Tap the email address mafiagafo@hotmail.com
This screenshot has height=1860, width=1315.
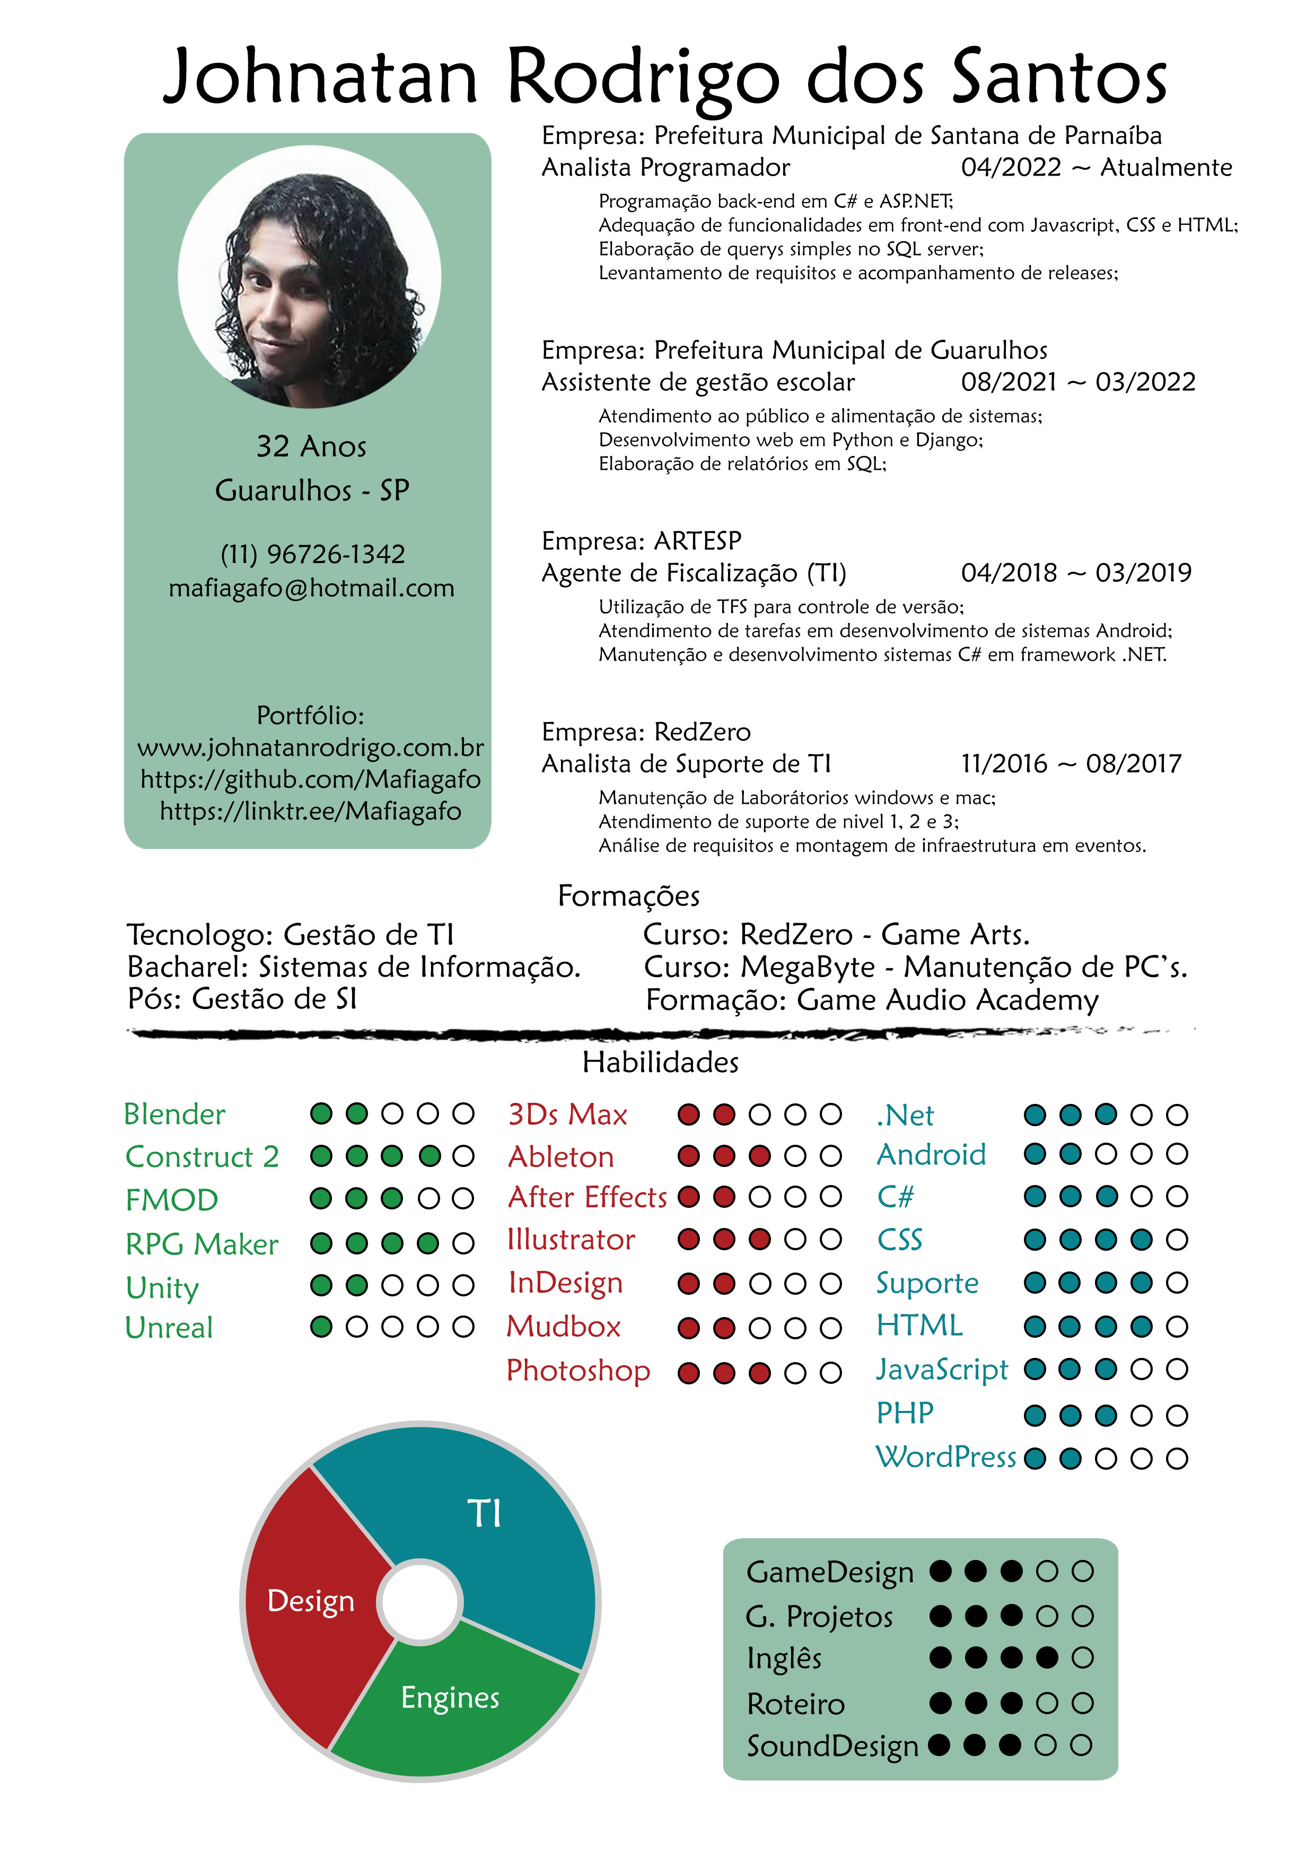pyautogui.click(x=311, y=588)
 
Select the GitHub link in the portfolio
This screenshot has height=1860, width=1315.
pyautogui.click(x=310, y=779)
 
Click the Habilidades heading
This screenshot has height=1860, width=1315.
pyautogui.click(x=660, y=1062)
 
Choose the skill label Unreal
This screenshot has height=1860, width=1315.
pyautogui.click(x=169, y=1327)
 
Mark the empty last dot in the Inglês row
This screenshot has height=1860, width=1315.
pyautogui.click(x=1082, y=1657)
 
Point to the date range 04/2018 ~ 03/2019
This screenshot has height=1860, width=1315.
pyautogui.click(x=1076, y=573)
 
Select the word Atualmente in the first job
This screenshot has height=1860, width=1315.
pyautogui.click(x=1166, y=168)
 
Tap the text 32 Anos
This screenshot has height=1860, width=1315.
pyautogui.click(x=311, y=446)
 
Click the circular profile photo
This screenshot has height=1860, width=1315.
pyautogui.click(x=310, y=277)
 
